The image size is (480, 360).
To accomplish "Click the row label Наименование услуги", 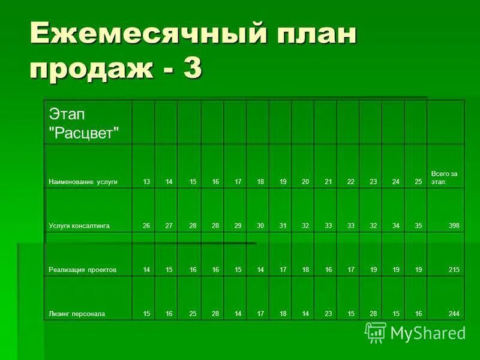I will coord(83,181).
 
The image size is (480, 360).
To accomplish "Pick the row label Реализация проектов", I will coord(83,270).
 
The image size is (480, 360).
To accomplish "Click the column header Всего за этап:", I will coord(444,178).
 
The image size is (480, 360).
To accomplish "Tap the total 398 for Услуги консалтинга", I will coord(454,226).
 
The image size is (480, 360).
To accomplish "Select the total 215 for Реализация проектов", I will coord(454,270).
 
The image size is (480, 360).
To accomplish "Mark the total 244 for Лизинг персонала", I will coord(454,313).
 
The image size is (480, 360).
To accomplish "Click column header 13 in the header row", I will coord(146,181).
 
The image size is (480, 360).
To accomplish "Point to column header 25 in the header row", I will coord(418,181).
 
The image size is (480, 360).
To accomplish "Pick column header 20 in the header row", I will coord(305,181).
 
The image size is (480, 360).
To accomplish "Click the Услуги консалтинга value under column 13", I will coord(146,226).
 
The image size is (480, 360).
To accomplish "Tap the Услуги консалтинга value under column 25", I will coord(418,226).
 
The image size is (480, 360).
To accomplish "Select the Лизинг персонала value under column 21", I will coord(328,313).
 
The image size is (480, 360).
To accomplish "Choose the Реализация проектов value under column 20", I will coord(305,270).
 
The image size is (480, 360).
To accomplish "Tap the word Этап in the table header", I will coord(62,113).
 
